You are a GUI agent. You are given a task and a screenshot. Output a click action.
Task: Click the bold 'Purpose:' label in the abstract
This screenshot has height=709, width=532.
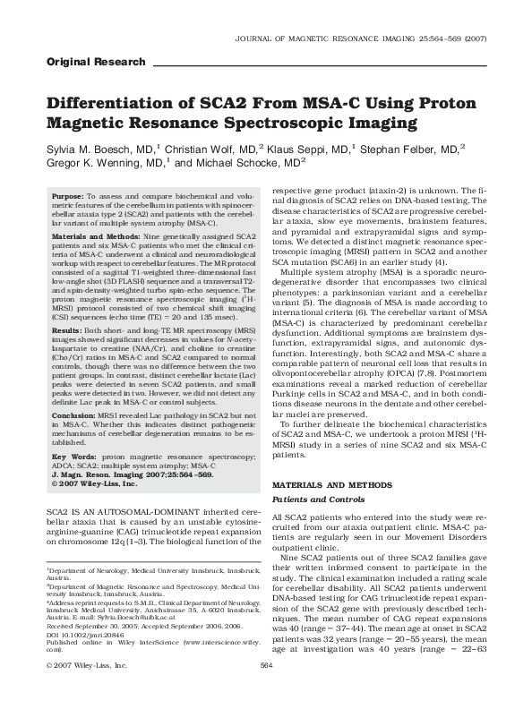point(68,195)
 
